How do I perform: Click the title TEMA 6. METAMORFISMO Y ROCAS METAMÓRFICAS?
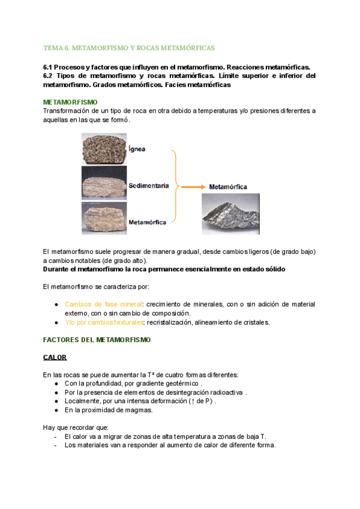click(x=129, y=47)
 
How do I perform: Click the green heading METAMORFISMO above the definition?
click(x=71, y=103)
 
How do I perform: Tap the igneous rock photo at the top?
click(x=104, y=148)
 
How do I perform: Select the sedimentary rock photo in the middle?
click(x=104, y=183)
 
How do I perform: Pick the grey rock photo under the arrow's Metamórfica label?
click(x=230, y=213)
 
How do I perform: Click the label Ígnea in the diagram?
click(x=137, y=148)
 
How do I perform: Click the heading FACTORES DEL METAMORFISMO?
click(x=97, y=340)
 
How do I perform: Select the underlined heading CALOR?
click(x=55, y=357)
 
